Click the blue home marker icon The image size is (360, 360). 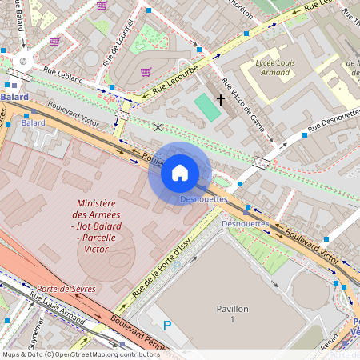[180, 173]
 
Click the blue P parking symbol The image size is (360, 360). [167, 325]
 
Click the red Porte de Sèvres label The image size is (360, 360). [60, 290]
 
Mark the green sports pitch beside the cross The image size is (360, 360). [206, 108]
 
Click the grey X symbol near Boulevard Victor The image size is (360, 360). [158, 127]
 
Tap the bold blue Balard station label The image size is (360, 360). [14, 97]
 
